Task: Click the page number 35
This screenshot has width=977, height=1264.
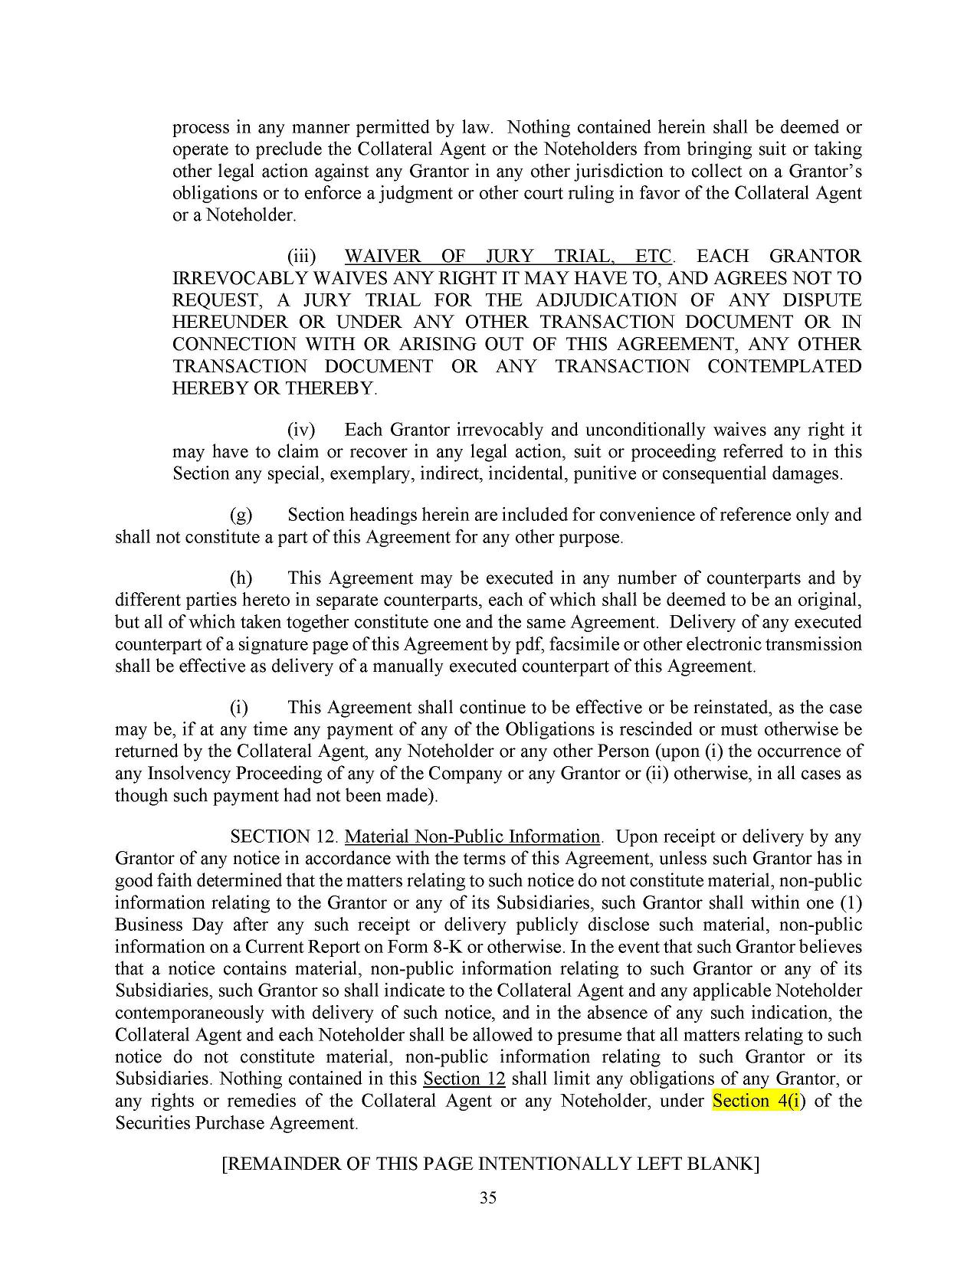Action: click(x=488, y=1199)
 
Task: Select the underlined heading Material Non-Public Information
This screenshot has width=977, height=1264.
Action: click(x=473, y=837)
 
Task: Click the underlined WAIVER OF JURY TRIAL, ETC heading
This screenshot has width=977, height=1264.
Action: click(x=509, y=256)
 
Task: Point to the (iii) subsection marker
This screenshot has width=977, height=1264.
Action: click(x=301, y=256)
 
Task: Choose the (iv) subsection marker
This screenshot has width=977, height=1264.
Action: click(x=301, y=430)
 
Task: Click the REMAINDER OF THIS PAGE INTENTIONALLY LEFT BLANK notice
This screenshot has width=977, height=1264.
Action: click(x=490, y=1164)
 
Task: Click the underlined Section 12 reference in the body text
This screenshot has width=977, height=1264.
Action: click(x=464, y=1079)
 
